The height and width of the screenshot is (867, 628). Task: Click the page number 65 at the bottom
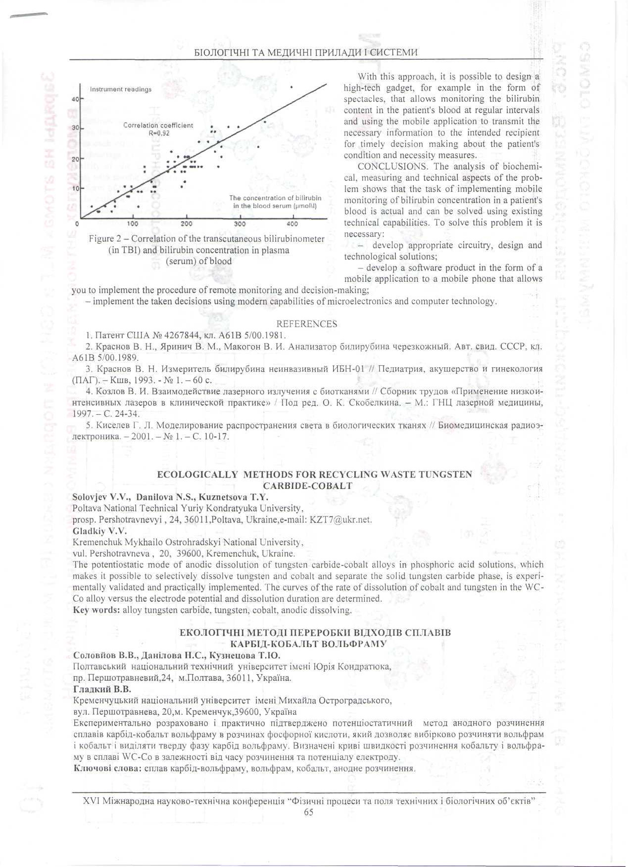308,812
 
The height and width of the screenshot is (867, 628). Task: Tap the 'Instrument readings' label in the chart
121,89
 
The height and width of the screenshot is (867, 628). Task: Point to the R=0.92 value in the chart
159,133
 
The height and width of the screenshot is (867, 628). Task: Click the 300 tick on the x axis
240,224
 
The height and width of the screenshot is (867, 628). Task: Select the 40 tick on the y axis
75,99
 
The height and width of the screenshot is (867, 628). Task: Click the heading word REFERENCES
306,324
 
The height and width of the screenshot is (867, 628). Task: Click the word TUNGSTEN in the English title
445,475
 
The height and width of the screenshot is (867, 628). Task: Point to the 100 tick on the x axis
133,224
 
